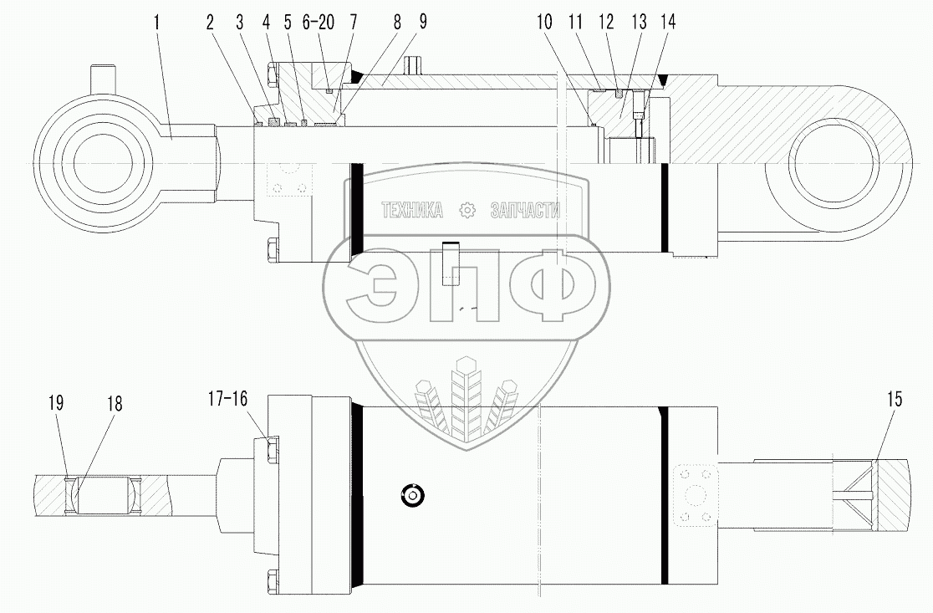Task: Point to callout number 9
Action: pos(423,23)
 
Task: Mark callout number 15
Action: pos(895,401)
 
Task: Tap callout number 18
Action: pos(114,404)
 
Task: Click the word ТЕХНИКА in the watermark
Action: pos(412,211)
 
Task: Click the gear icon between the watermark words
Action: pos(467,211)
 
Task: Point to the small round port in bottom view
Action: pos(411,494)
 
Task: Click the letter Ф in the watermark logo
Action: pos(548,286)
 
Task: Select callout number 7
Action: pos(353,23)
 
